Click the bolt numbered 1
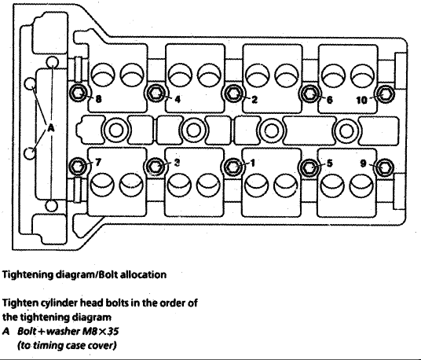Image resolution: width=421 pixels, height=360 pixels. [x=232, y=166]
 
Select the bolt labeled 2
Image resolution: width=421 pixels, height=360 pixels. [x=232, y=94]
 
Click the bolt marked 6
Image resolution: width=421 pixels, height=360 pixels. [x=309, y=94]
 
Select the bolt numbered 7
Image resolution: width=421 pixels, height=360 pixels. [x=79, y=166]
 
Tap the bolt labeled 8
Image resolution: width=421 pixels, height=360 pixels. [x=79, y=94]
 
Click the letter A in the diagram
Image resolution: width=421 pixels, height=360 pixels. [x=51, y=127]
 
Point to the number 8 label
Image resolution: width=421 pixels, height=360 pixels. [x=98, y=101]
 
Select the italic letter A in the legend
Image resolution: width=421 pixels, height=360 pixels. [x=5, y=331]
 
